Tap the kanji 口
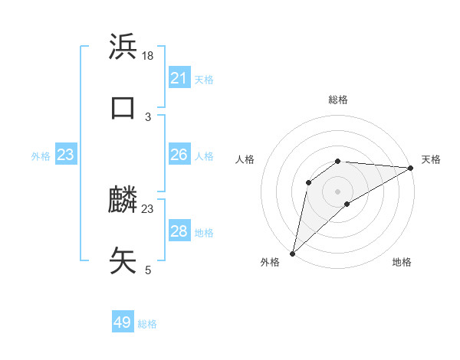coord(123,106)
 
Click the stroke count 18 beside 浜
coord(148,56)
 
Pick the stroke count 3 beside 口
coord(148,116)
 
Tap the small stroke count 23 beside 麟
coord(148,208)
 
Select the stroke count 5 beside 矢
coord(148,270)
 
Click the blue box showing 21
coord(179,78)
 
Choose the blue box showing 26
coord(179,155)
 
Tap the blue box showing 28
coord(179,231)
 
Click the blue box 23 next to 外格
coord(65,155)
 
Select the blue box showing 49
coord(123,322)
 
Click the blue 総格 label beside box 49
coord(147,324)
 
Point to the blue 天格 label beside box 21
coord(204,80)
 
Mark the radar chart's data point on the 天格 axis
coord(410,168)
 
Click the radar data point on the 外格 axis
coord(292,253)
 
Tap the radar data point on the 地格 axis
coord(347,204)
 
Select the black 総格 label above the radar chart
coord(337,100)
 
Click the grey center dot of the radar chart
coord(337,190)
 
